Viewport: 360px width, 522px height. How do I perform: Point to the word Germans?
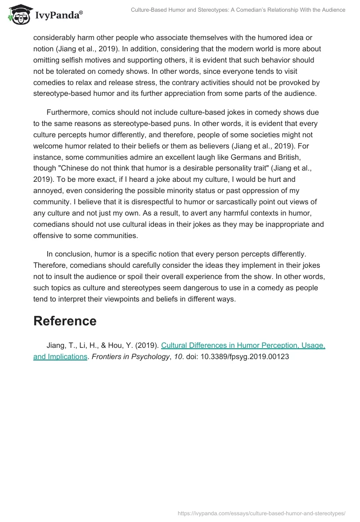(254, 156)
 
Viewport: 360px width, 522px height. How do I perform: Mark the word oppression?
(254, 190)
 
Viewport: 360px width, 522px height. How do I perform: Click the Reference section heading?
(65, 321)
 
